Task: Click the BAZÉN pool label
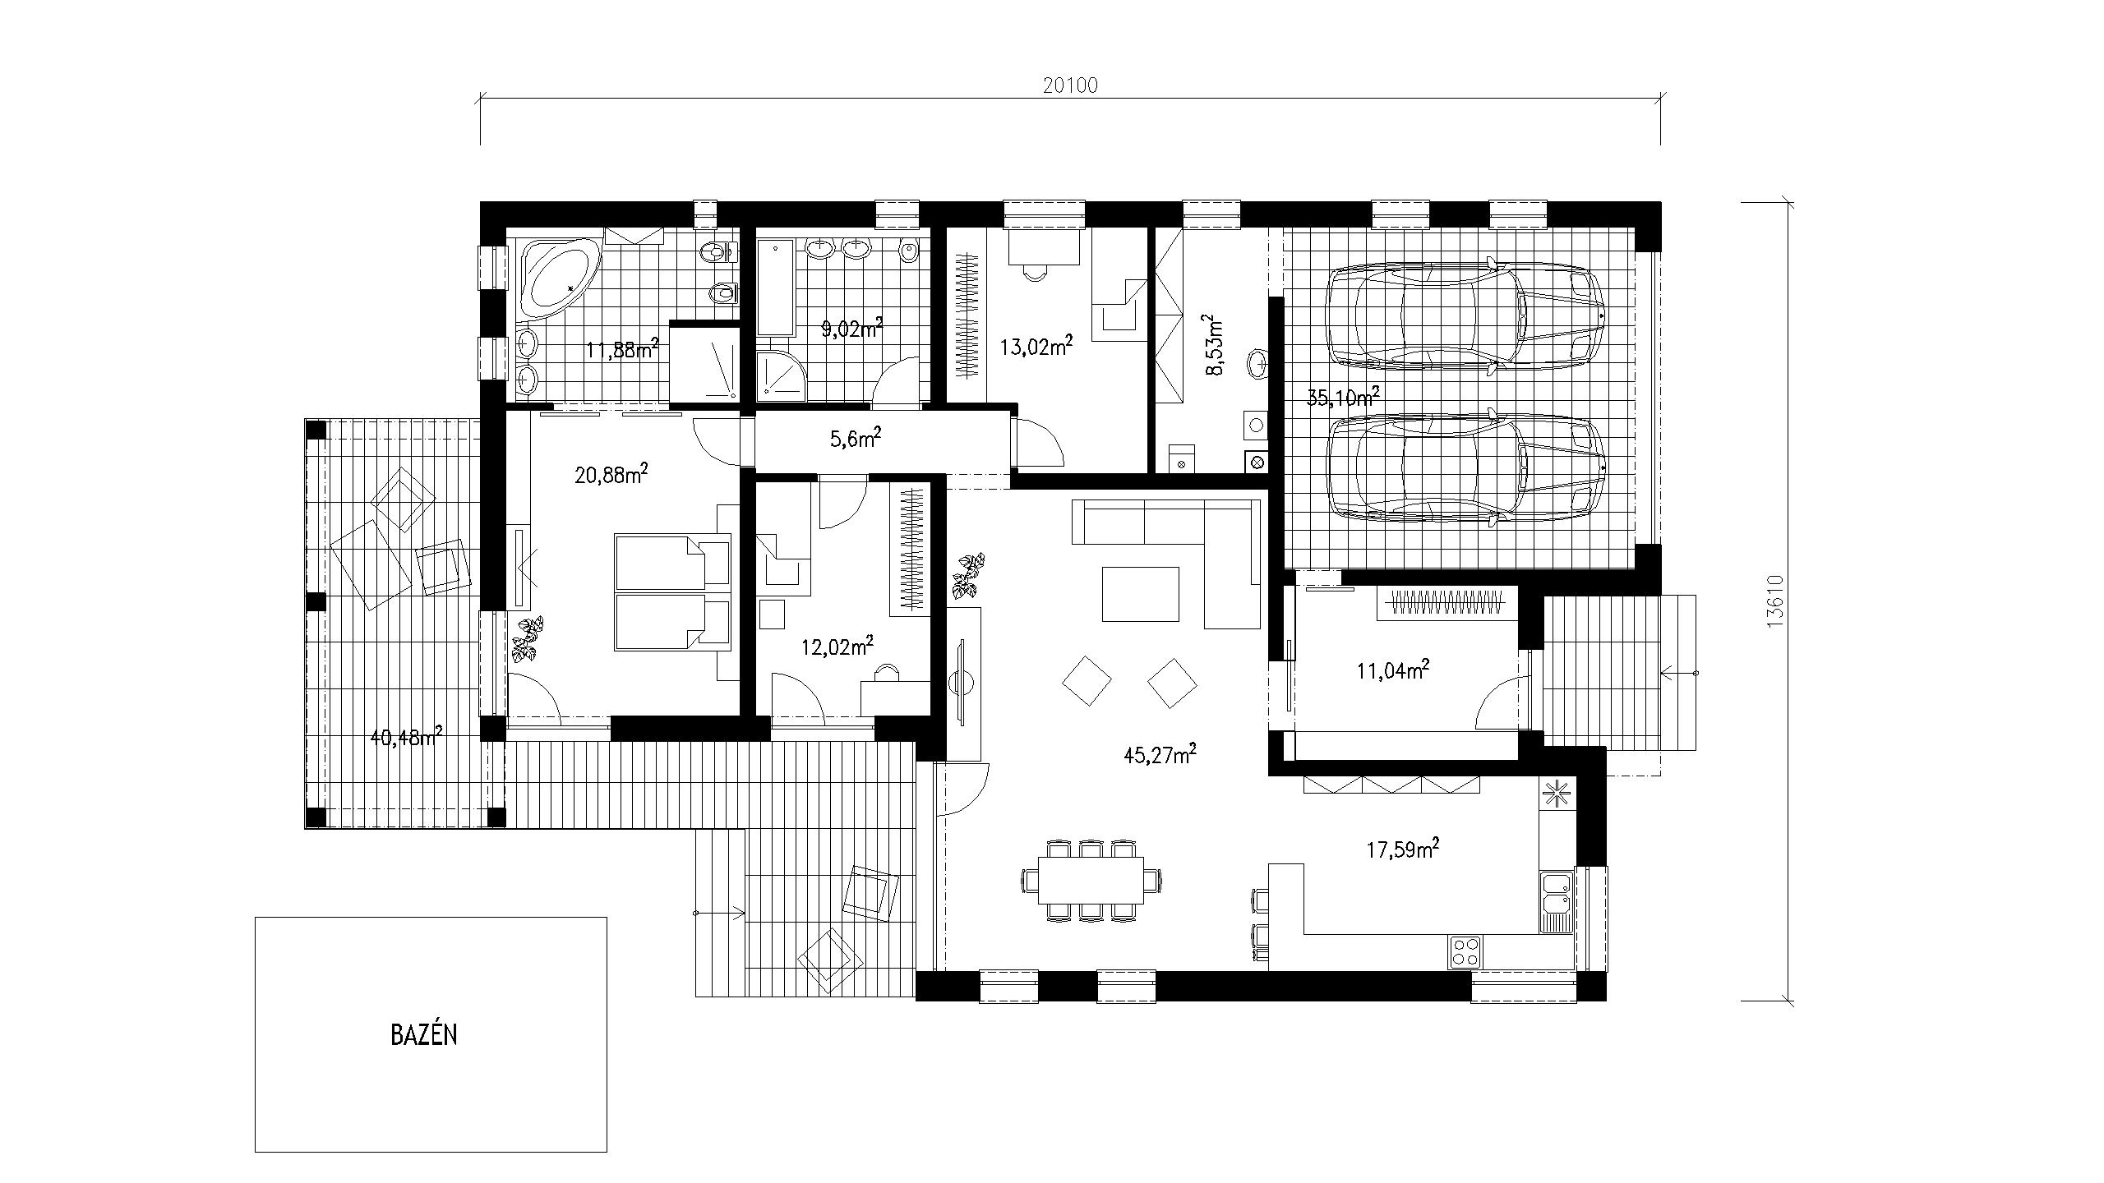pos(423,1034)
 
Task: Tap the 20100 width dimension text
pos(1070,85)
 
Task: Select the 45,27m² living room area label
pos(1160,754)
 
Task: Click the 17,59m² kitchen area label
pos(1402,849)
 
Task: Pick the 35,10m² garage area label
pos(1343,398)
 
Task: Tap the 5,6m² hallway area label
pos(855,439)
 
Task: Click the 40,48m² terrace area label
pos(407,737)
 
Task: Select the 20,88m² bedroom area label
pos(611,475)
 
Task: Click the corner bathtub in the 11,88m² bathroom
pos(559,278)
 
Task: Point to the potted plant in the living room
pos(968,576)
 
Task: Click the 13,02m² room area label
pos(1036,347)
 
